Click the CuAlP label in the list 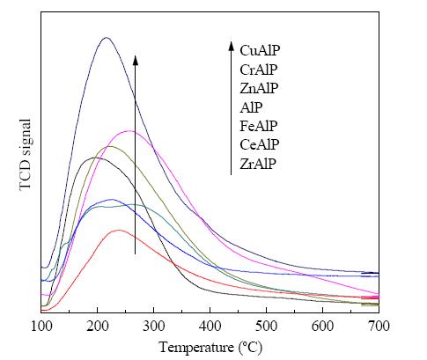(x=260, y=50)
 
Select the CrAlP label (x=258, y=70)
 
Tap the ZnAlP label (x=259, y=88)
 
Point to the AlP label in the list (x=251, y=107)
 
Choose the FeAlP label (x=258, y=126)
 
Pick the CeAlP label (x=260, y=144)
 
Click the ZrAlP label (x=258, y=164)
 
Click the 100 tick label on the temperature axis (x=41, y=326)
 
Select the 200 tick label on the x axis (x=97, y=326)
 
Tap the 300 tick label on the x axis (x=153, y=326)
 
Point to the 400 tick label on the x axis (x=210, y=326)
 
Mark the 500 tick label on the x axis (x=266, y=326)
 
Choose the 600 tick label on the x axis (x=322, y=326)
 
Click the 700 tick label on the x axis (x=379, y=326)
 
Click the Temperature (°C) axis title (x=210, y=348)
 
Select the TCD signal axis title (x=26, y=155)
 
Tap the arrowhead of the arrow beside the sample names (x=232, y=47)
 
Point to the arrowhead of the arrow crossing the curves (x=135, y=60)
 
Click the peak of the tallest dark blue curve (x=107, y=38)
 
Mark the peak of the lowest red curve (x=119, y=230)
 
